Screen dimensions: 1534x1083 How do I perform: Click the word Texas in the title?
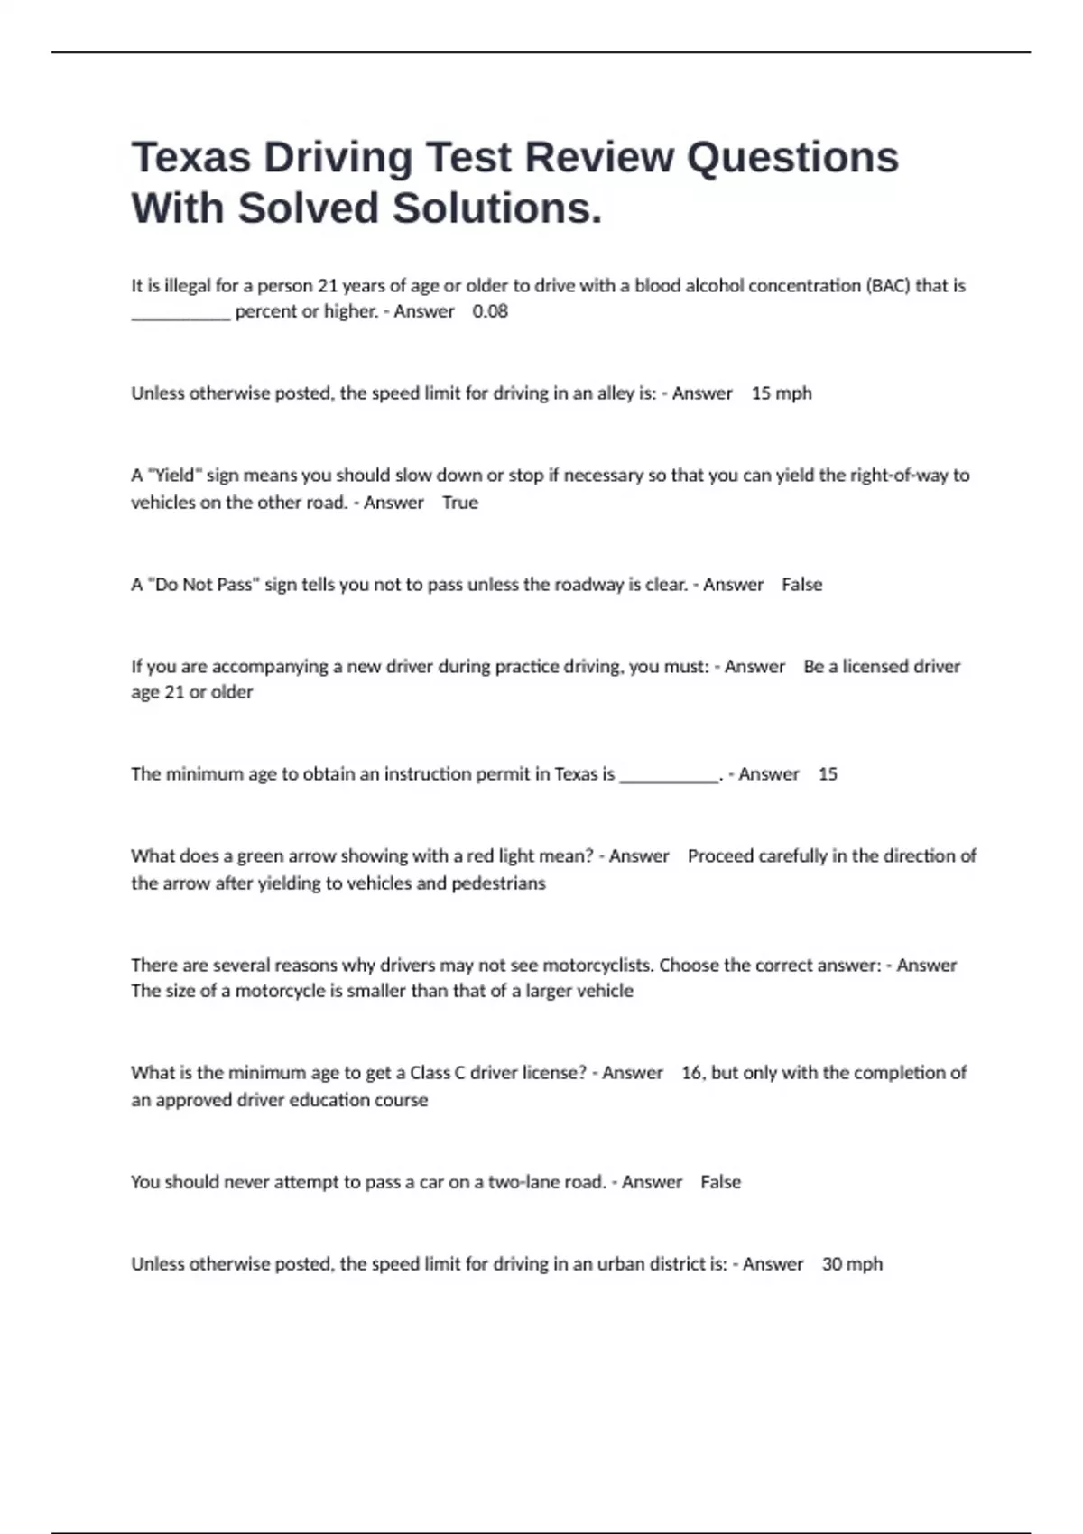[x=190, y=157]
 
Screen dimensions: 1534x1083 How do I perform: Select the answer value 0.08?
[x=490, y=311]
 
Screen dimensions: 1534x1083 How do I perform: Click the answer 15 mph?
[x=782, y=393]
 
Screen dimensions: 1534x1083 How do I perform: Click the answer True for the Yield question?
[x=460, y=503]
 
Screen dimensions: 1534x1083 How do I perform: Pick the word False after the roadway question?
[x=801, y=585]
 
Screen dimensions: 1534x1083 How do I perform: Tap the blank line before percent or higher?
[x=180, y=315]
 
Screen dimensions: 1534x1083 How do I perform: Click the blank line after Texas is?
[x=669, y=778]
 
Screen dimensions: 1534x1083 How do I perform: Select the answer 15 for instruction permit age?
[x=828, y=774]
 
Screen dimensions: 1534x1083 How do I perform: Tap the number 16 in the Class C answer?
[x=692, y=1073]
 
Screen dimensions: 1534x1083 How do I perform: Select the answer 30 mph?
[x=852, y=1264]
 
